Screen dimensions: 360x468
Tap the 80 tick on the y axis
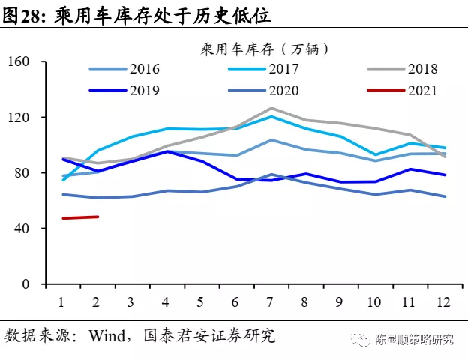(x=28, y=173)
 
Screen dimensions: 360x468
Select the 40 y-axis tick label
(x=28, y=229)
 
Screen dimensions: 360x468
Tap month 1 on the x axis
(x=61, y=302)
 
